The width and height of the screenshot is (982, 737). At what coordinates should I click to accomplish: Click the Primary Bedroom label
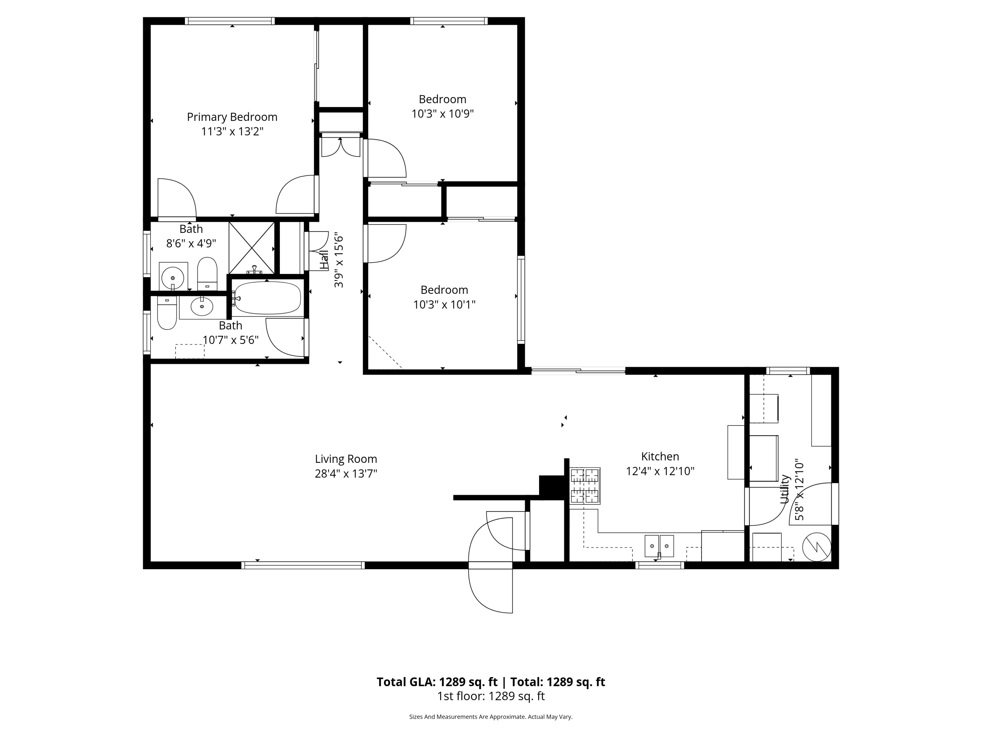coord(232,117)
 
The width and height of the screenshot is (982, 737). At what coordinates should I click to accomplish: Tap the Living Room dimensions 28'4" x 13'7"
coord(346,474)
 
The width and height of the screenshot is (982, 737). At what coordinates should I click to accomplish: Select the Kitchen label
coord(660,456)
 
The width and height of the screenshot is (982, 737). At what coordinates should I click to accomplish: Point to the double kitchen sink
coord(659,546)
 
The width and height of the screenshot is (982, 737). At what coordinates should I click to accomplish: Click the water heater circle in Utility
coord(817,546)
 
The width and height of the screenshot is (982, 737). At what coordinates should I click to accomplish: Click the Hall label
coord(324,260)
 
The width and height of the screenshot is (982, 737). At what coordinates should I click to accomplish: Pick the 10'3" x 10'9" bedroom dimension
coord(443,114)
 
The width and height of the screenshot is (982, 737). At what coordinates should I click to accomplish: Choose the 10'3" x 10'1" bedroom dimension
coord(445,305)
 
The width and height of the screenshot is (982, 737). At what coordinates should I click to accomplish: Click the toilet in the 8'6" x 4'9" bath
coord(207,274)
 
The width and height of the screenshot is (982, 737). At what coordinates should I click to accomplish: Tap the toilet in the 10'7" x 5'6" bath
coord(167,313)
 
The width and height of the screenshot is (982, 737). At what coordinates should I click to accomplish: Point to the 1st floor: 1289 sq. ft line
coord(491,696)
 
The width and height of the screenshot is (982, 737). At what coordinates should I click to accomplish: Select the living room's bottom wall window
coord(303,565)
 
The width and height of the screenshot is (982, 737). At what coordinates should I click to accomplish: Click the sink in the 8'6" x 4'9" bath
coord(173,277)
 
